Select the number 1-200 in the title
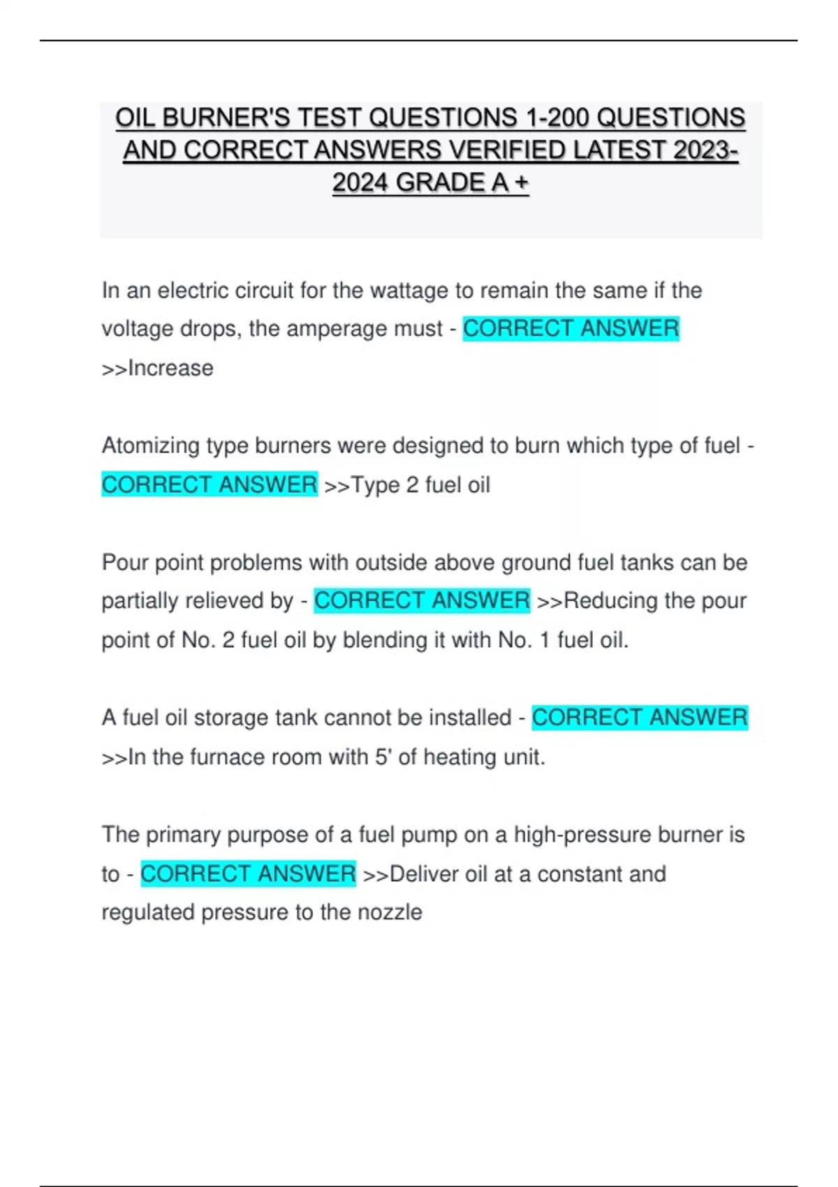pyautogui.click(x=554, y=118)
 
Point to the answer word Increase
pyautogui.click(x=170, y=368)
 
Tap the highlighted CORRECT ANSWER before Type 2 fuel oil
pyautogui.click(x=209, y=485)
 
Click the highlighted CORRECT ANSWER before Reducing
pyautogui.click(x=422, y=600)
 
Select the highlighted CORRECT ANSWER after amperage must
pyautogui.click(x=571, y=329)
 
